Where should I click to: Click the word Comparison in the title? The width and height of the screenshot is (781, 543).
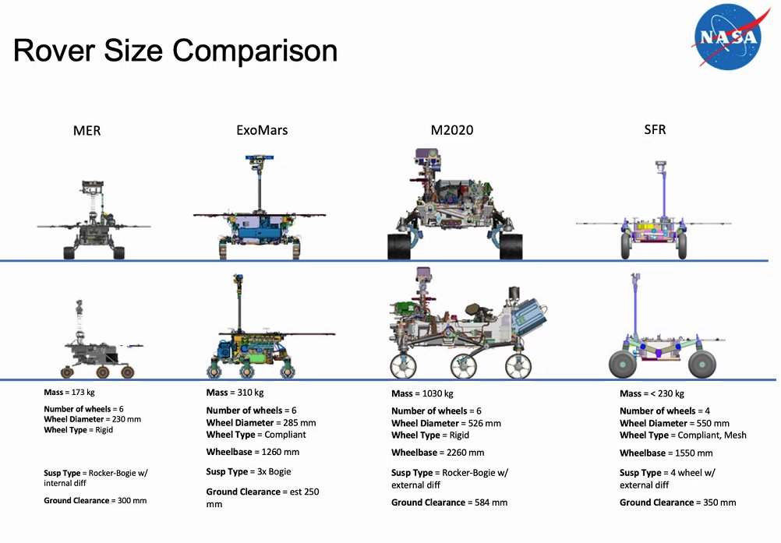(x=255, y=51)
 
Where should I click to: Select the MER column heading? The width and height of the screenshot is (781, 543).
(x=87, y=131)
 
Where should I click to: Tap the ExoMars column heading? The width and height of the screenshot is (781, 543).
(x=262, y=130)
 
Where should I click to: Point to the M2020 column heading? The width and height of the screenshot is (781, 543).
(x=452, y=130)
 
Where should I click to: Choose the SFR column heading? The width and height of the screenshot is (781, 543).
(x=655, y=129)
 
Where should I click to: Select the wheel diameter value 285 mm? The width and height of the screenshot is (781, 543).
(x=300, y=423)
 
